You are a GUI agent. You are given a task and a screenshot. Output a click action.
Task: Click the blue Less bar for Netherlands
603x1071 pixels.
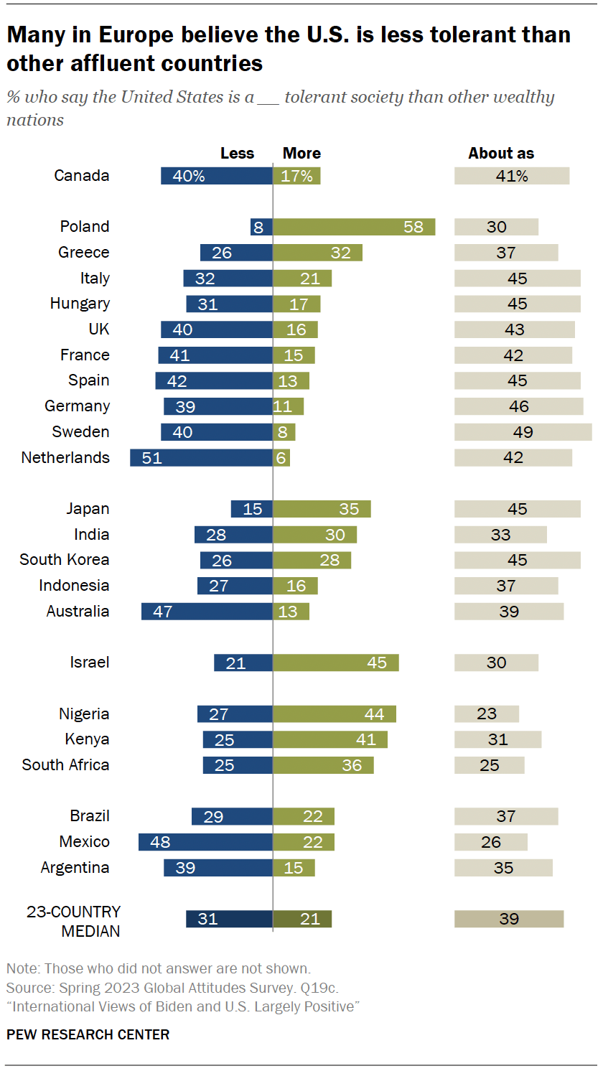pos(201,458)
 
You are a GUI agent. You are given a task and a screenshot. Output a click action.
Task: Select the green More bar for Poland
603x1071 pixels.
pos(354,227)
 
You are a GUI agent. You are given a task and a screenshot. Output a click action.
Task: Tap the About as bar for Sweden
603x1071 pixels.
pos(523,432)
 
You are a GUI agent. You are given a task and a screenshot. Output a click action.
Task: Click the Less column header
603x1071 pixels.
pos(237,153)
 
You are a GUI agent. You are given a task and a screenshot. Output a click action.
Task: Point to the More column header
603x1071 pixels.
pos(301,153)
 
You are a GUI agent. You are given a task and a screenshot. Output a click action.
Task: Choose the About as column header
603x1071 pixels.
pos(501,153)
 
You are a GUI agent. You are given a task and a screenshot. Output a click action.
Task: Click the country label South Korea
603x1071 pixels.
pos(65,560)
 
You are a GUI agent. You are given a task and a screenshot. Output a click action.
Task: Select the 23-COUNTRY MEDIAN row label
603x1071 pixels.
pos(73,921)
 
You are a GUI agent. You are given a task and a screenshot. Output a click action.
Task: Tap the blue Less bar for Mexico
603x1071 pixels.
pos(205,842)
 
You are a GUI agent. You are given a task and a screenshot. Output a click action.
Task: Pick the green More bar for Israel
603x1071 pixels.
pos(335,663)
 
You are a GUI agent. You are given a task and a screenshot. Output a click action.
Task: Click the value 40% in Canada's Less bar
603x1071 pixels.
pos(189,177)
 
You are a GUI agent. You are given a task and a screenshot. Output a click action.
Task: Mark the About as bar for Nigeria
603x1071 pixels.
pos(486,714)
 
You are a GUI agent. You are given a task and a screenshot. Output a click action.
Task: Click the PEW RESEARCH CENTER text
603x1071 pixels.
pos(88,1034)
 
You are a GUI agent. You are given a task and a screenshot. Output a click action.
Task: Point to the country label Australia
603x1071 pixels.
pos(78,612)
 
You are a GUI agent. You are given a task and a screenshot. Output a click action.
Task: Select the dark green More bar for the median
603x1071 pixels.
pos(302,919)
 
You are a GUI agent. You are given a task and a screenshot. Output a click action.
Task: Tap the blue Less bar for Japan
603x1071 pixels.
pos(251,509)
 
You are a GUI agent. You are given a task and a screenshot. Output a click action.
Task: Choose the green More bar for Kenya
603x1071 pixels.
pos(330,739)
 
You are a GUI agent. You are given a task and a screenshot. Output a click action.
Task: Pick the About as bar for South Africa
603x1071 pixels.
pos(489,765)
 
